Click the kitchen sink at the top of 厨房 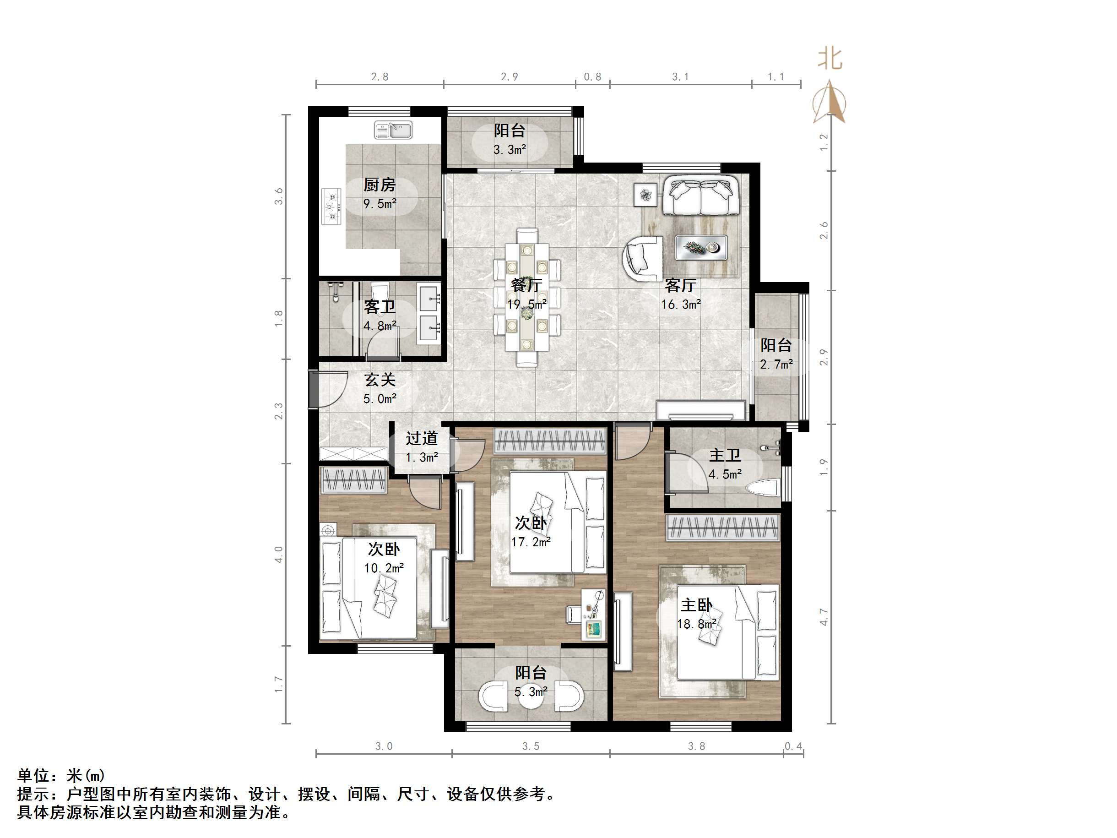click(x=393, y=131)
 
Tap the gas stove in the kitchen click(x=331, y=206)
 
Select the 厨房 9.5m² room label click(x=380, y=193)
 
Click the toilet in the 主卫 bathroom click(x=763, y=488)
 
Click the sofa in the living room click(x=701, y=195)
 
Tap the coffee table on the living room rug click(x=701, y=248)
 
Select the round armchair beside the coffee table click(x=642, y=259)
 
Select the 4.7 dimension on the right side click(x=824, y=617)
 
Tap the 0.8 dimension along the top click(x=592, y=77)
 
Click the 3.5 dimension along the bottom click(x=530, y=746)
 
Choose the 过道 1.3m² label click(x=422, y=446)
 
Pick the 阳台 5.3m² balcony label click(x=530, y=681)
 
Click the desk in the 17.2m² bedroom click(x=593, y=614)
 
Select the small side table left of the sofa click(x=645, y=195)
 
